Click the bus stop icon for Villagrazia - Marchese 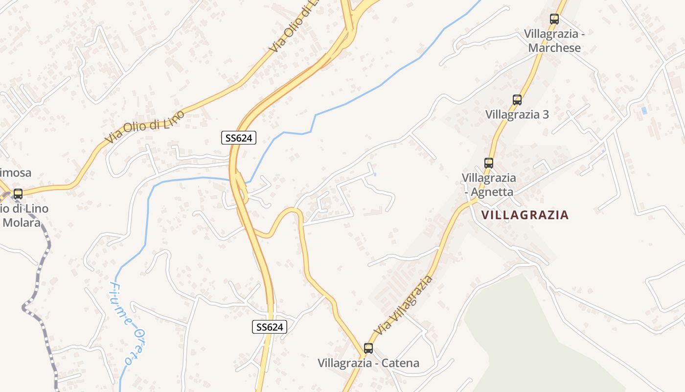click(x=554, y=19)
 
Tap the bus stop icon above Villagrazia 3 click(x=517, y=100)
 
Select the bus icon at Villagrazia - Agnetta click(x=488, y=163)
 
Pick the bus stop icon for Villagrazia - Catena click(x=368, y=348)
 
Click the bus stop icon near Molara click(x=18, y=194)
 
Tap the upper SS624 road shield click(x=239, y=138)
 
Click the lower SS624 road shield click(x=270, y=327)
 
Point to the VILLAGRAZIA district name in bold click(x=525, y=215)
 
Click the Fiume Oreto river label click(x=121, y=323)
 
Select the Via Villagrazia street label click(x=404, y=305)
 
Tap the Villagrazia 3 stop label click(x=517, y=115)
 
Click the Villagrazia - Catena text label click(x=368, y=363)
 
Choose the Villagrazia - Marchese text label click(x=554, y=41)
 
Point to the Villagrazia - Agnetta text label click(x=488, y=184)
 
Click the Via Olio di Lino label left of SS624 click(x=145, y=127)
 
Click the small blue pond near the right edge click(x=644, y=111)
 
